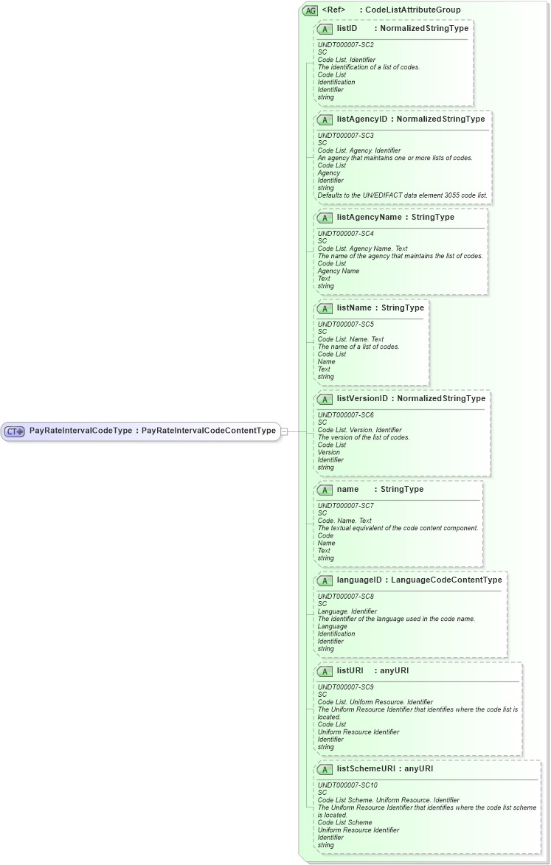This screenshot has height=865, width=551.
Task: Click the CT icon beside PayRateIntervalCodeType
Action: (x=15, y=431)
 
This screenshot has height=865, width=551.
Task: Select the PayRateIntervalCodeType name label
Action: (x=81, y=431)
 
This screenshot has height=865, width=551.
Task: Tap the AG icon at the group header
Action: (x=310, y=10)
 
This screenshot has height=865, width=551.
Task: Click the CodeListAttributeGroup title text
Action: (x=413, y=10)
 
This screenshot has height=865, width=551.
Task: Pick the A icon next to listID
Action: (x=325, y=29)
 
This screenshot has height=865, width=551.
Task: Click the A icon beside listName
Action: (x=325, y=308)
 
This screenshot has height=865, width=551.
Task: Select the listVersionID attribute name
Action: (x=362, y=399)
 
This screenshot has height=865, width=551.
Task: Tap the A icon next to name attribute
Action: (x=325, y=490)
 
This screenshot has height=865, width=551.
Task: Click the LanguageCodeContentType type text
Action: (x=446, y=580)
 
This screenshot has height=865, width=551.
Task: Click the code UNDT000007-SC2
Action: (x=346, y=45)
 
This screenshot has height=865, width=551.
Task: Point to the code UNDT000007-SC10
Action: (x=347, y=785)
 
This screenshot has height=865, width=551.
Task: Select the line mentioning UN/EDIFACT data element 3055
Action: (x=402, y=195)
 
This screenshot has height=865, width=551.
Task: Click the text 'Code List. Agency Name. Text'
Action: (x=362, y=249)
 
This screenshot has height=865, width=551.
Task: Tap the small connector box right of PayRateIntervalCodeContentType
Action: (x=285, y=431)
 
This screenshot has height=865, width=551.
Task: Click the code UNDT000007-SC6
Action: (x=346, y=415)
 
